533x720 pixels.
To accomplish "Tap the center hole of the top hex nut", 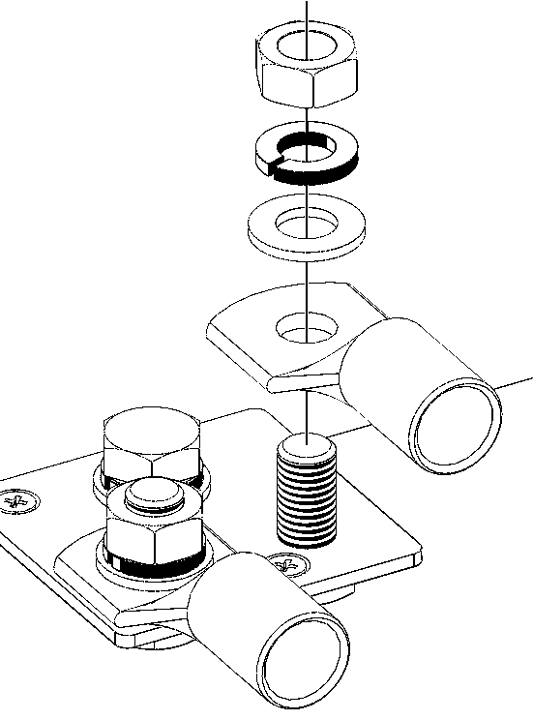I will [x=307, y=48].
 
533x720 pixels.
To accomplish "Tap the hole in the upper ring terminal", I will [x=307, y=329].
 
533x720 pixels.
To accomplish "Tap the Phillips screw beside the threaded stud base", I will [x=285, y=561].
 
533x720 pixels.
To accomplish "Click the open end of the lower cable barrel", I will [x=304, y=661].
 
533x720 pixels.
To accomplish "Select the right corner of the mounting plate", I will [x=418, y=555].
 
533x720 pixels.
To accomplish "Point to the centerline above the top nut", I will [x=307, y=12].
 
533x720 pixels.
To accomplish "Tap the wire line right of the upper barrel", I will [x=518, y=380].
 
